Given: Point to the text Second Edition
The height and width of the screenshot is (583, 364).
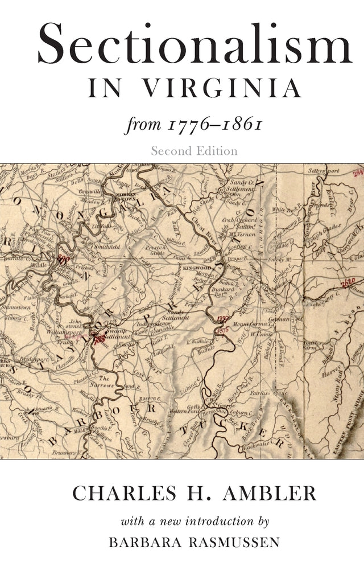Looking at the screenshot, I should (x=194, y=151).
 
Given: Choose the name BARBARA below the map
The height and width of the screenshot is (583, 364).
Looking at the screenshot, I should (x=147, y=542).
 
